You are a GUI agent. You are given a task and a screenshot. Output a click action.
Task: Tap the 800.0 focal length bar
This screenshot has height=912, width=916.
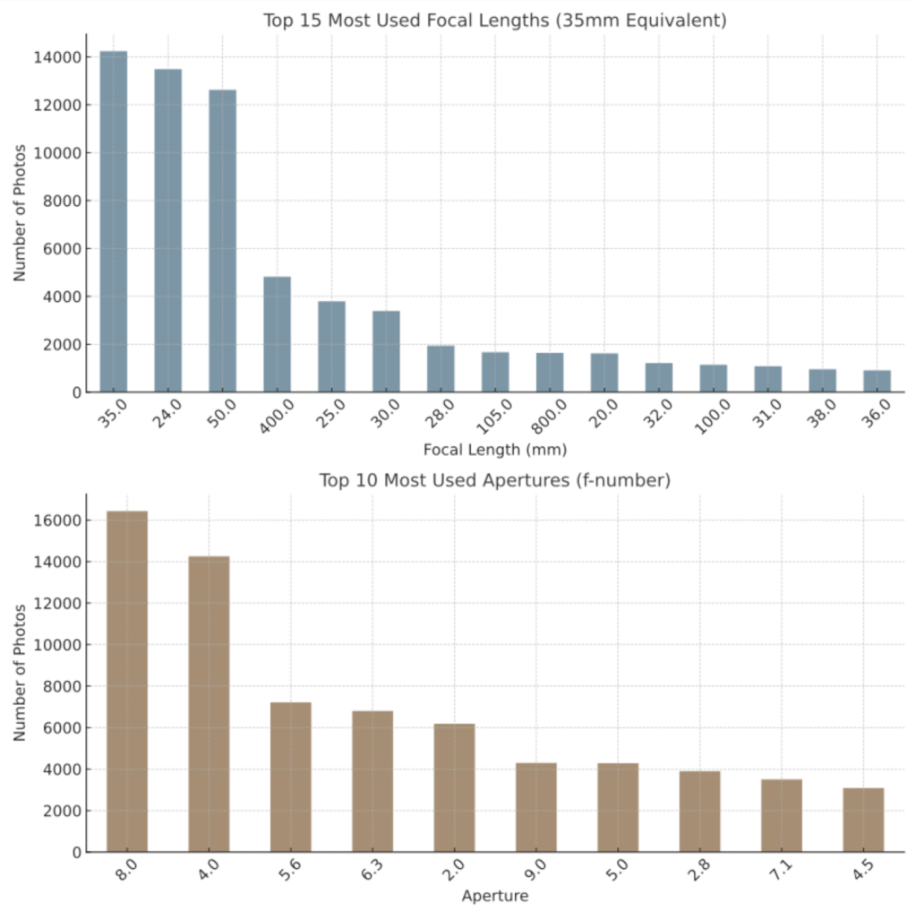(x=550, y=372)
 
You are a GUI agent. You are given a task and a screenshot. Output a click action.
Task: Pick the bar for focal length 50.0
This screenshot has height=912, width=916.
(x=222, y=241)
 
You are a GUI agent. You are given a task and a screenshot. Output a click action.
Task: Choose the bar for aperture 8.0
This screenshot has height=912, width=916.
(x=127, y=681)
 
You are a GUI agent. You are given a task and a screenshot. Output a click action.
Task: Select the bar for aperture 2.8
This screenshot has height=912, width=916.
(x=699, y=811)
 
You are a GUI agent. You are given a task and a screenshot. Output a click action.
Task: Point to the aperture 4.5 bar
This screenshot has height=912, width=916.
(x=863, y=820)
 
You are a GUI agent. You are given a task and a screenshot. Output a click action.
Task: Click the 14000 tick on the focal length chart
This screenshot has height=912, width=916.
(x=58, y=57)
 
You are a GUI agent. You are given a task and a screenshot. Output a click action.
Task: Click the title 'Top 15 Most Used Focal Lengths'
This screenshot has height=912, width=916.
(x=494, y=20)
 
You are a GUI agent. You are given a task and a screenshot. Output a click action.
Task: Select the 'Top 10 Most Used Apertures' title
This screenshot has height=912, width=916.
(x=494, y=480)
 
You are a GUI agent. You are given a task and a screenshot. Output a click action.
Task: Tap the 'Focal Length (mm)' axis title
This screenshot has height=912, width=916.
(x=495, y=449)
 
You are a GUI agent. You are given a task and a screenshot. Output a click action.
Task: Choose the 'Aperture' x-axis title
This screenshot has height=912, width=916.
(x=495, y=896)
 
